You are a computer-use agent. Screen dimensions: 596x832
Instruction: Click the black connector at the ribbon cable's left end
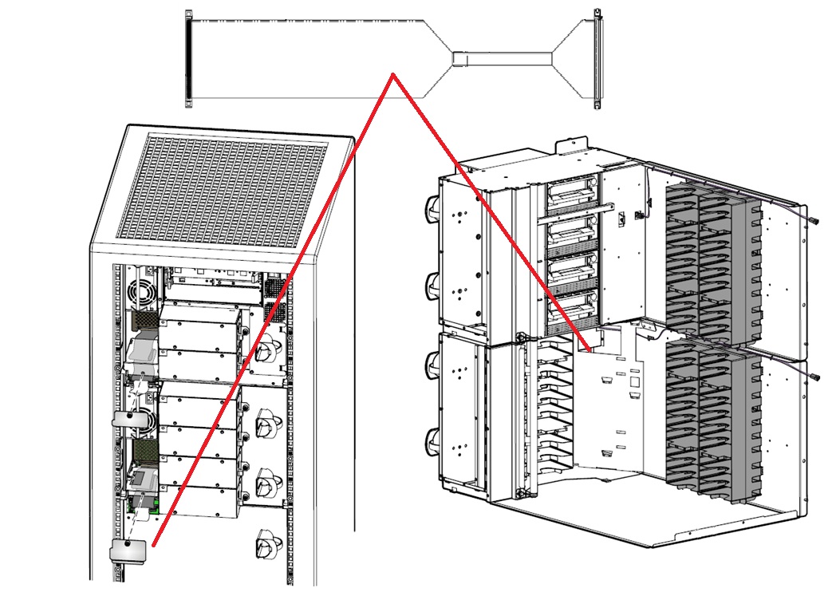188,59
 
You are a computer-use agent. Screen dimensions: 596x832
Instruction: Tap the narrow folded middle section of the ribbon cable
503,58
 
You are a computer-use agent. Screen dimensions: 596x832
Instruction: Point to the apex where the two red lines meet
392,76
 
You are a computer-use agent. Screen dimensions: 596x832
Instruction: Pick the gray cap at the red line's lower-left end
128,551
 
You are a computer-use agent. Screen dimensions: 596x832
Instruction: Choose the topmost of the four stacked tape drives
570,194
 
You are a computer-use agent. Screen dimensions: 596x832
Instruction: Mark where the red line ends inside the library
588,348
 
